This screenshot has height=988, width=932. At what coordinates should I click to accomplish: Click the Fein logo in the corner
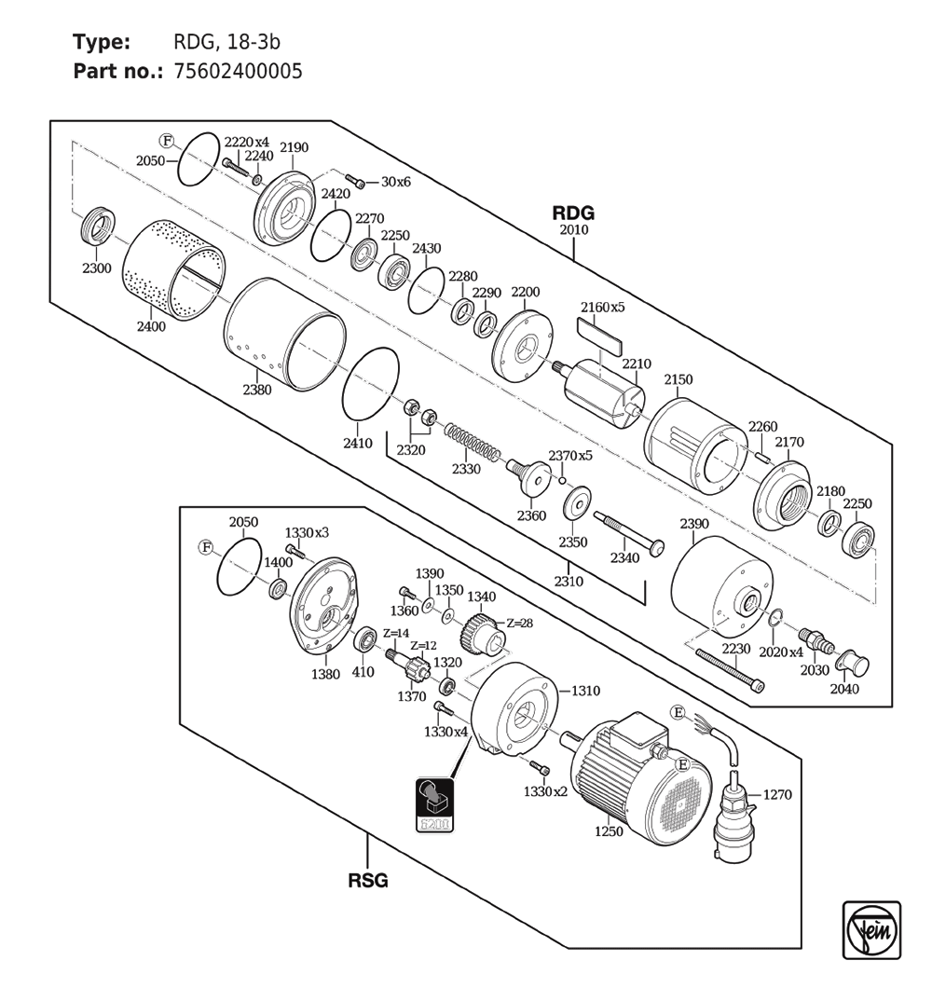(871, 930)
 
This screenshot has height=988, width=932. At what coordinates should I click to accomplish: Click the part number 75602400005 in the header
(238, 71)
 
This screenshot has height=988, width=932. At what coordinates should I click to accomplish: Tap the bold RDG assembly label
(573, 213)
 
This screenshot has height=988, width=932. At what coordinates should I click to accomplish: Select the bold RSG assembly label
(368, 880)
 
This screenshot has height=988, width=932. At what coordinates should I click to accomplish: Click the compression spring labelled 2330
(473, 442)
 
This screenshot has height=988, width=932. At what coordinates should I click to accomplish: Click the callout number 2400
(151, 326)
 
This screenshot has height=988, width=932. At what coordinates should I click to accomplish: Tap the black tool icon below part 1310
(435, 804)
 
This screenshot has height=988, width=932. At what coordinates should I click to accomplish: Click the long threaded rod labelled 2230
(731, 670)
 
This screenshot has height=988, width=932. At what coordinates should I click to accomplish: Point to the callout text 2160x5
(602, 308)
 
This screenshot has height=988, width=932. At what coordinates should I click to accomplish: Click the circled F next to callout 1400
(206, 547)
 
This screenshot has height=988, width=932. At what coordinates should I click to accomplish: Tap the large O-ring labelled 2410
(371, 382)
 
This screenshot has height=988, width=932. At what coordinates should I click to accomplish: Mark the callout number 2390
(694, 524)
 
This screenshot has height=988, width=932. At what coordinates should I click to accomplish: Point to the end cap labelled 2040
(852, 662)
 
